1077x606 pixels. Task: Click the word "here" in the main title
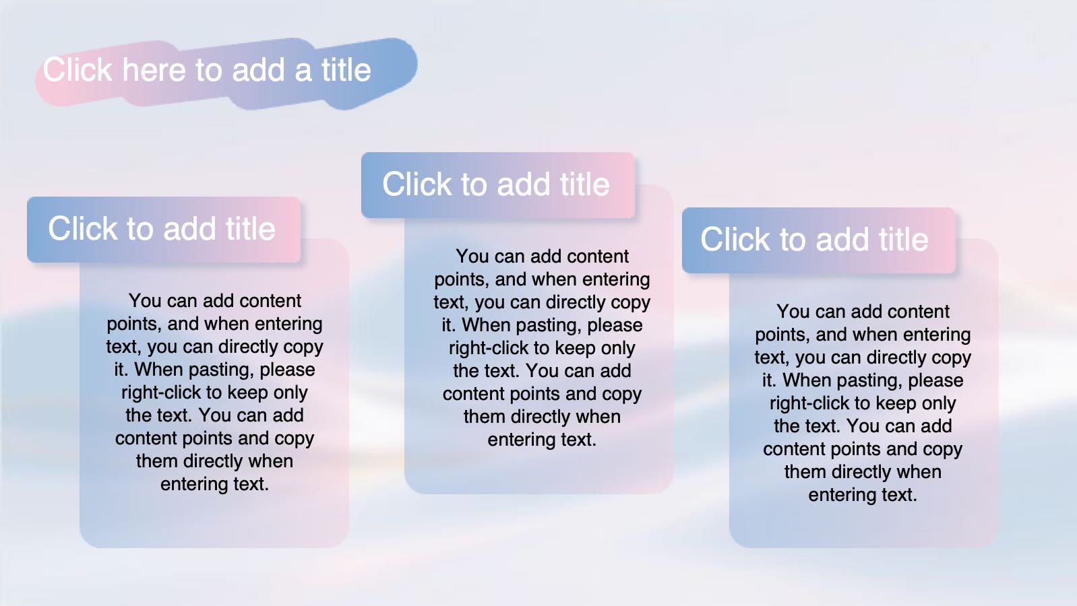[154, 70]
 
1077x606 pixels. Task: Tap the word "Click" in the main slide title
[78, 70]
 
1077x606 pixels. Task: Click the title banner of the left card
[164, 230]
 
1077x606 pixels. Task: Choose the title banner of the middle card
[498, 185]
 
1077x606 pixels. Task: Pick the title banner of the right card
[819, 240]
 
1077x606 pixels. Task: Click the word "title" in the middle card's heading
[585, 184]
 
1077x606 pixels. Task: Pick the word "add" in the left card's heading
[189, 228]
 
